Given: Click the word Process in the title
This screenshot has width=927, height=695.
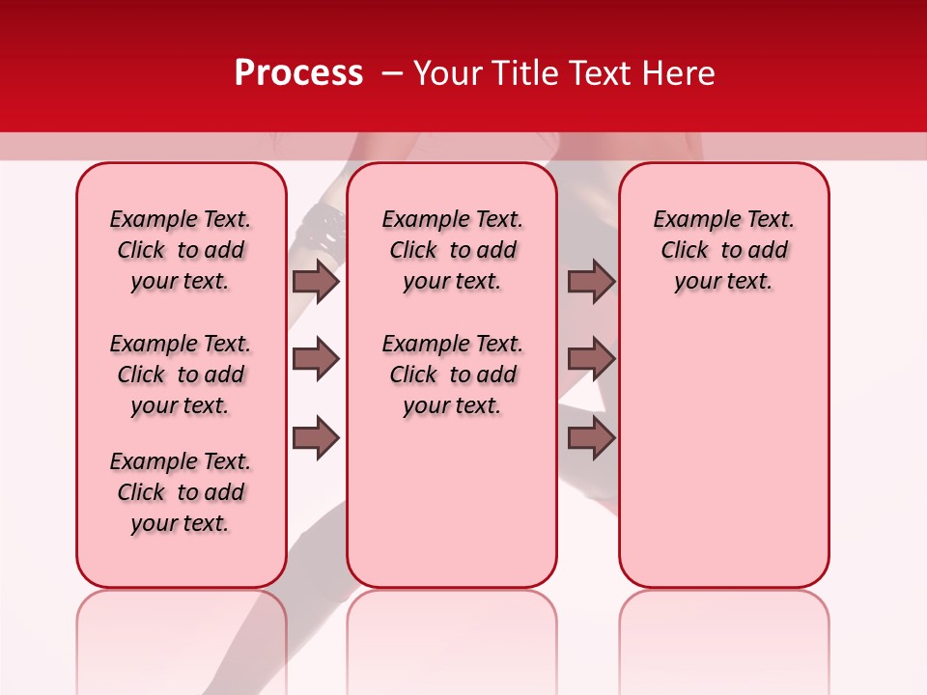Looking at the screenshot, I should click(x=297, y=73).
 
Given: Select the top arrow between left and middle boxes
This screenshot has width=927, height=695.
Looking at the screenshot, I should click(x=316, y=281).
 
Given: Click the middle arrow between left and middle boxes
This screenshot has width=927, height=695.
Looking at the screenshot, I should click(x=316, y=359).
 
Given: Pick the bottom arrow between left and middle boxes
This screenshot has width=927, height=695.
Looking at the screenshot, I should click(x=316, y=437).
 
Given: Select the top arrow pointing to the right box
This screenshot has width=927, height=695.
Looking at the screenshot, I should click(x=591, y=281).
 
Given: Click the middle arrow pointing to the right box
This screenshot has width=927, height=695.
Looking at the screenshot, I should click(x=591, y=359).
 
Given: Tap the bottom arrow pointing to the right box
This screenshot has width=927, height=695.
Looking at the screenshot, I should click(x=591, y=437).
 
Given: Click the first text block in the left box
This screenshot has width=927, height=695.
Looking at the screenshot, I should click(x=180, y=250).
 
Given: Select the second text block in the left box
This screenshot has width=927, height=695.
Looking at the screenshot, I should click(x=180, y=375).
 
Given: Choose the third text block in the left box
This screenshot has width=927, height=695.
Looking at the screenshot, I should click(x=180, y=492).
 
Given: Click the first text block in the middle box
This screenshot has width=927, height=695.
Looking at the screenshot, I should click(x=452, y=250).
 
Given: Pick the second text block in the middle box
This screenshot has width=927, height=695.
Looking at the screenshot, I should click(x=452, y=375).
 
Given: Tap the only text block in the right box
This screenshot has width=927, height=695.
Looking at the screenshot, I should click(x=723, y=250).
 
